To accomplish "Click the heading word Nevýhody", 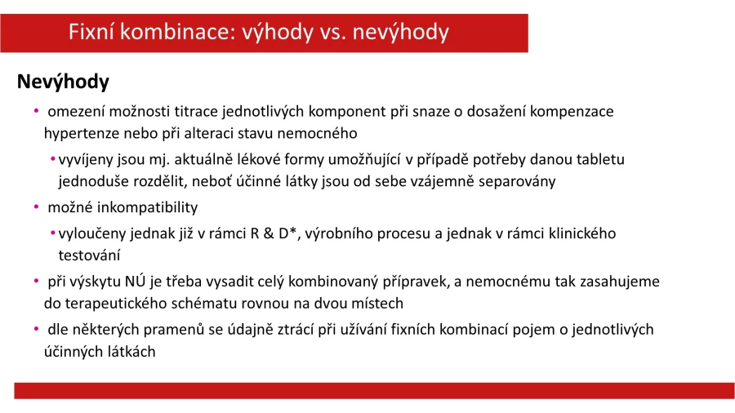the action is [63, 82].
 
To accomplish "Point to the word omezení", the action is [77, 112].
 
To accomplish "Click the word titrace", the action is [196, 112].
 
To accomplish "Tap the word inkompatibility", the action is [147, 207].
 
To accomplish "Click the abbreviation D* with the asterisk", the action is [287, 233].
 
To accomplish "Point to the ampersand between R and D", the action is [269, 233].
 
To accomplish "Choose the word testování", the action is [89, 255].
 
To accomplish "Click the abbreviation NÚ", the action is [136, 281].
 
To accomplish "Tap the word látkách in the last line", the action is [131, 352].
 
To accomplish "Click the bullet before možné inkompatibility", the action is [37, 207].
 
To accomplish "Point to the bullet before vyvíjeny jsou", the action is [53, 160].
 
